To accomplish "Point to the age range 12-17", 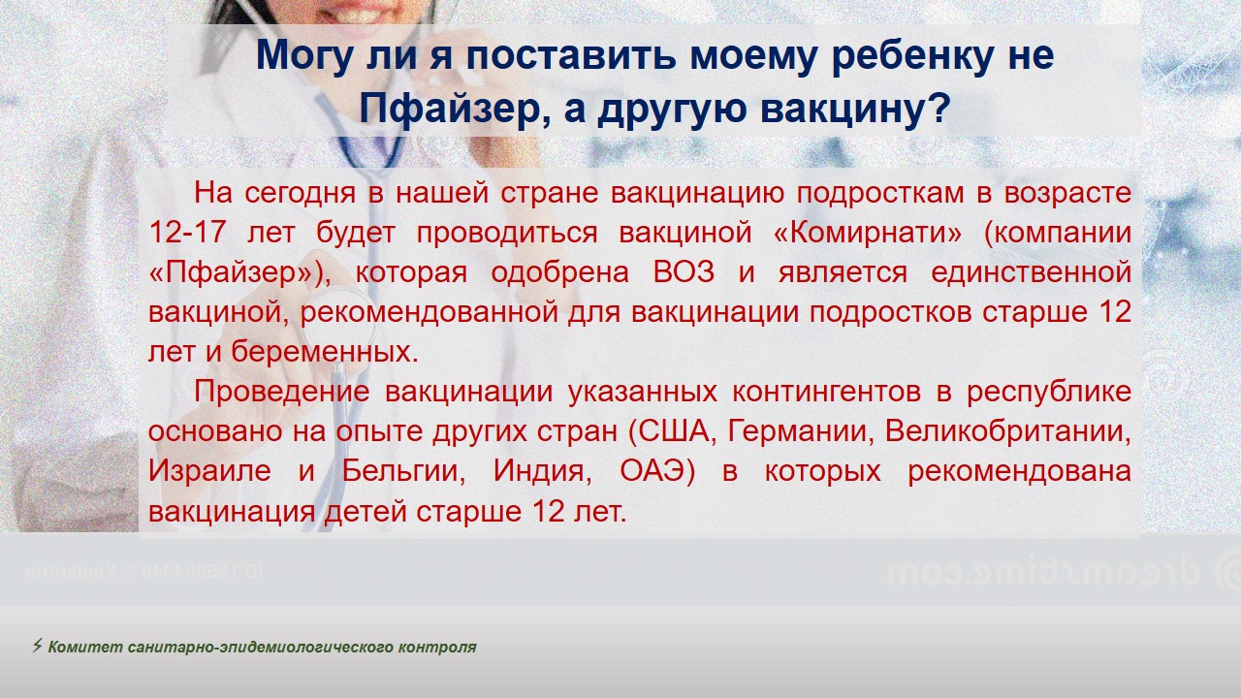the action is [x=187, y=233].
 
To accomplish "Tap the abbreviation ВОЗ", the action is [x=684, y=272].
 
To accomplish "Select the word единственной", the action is [x=1031, y=273].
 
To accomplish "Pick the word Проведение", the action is [x=282, y=392].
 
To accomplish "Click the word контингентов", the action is [x=827, y=392].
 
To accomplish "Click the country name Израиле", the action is [x=209, y=471].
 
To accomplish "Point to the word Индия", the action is [x=538, y=471].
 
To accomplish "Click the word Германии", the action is [x=797, y=431].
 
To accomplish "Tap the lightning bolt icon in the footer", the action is [x=37, y=646].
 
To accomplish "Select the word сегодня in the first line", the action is [x=300, y=194].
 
